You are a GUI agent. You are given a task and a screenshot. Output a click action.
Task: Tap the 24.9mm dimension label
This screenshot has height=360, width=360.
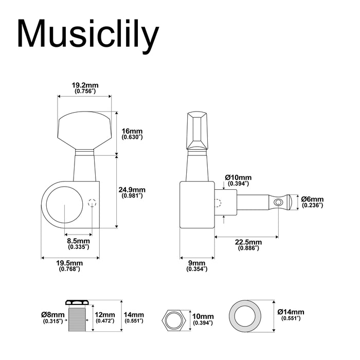point(132,192)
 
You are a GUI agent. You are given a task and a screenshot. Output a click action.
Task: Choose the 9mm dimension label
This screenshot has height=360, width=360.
point(196,265)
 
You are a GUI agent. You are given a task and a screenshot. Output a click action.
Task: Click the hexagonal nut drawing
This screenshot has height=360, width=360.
point(173,320)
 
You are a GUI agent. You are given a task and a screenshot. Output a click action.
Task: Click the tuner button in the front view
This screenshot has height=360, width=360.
point(84,129)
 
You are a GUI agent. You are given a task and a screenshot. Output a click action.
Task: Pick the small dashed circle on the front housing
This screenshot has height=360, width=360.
point(92,203)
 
